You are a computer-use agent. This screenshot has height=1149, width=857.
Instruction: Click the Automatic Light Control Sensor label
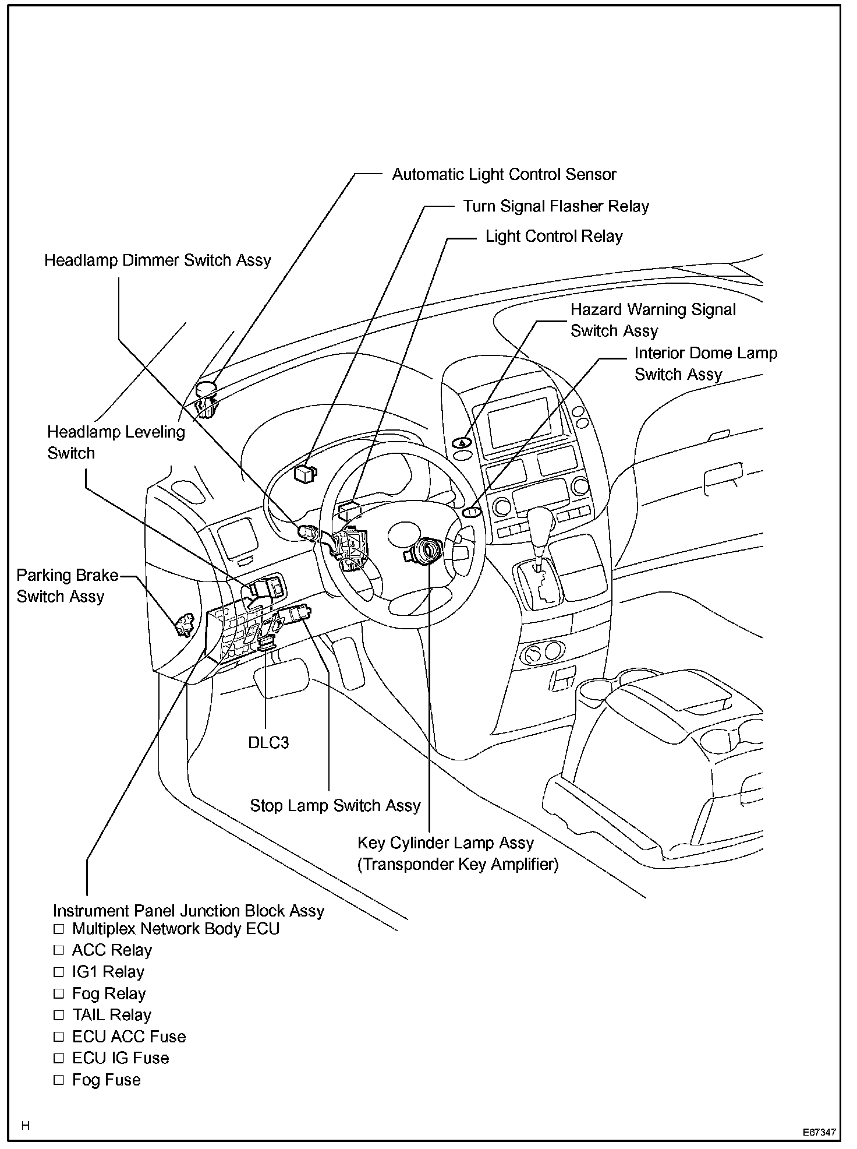point(504,174)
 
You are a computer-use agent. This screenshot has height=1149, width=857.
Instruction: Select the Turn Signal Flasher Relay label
point(555,206)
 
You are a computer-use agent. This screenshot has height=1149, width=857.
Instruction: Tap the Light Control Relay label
point(554,236)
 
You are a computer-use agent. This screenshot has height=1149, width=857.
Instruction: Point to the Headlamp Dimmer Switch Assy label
point(158,260)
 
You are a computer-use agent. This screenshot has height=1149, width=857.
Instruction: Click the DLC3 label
point(268,742)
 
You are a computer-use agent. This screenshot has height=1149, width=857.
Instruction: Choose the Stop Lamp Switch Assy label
point(335,805)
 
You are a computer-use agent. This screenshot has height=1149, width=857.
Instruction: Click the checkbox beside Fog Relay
point(58,993)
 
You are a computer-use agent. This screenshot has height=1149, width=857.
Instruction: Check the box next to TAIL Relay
point(58,1015)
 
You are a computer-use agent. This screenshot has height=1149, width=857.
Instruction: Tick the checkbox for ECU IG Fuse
point(58,1058)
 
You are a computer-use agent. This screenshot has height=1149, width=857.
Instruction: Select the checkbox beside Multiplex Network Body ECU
point(58,929)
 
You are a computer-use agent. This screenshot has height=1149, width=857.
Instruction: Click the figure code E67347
point(819,1132)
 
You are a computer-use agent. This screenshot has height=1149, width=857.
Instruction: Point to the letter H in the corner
point(25,1125)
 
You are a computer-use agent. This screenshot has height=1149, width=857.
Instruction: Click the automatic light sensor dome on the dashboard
point(206,389)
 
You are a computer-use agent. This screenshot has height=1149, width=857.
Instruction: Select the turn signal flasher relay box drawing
point(305,473)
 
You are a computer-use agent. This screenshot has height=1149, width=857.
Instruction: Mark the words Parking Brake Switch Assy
point(66,586)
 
